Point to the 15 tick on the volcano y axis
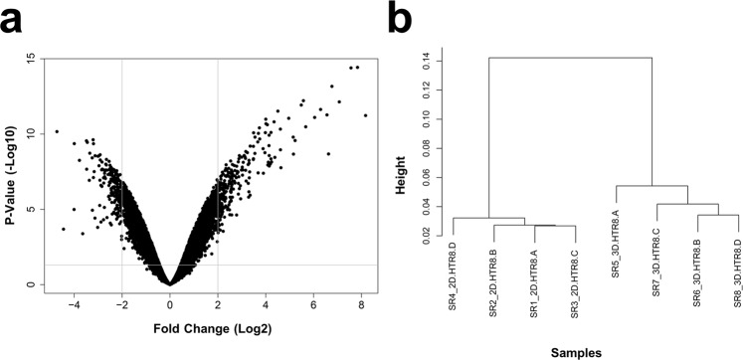pos(31,60)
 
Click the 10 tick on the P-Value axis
pos(31,134)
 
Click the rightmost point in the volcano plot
pos(366,115)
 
